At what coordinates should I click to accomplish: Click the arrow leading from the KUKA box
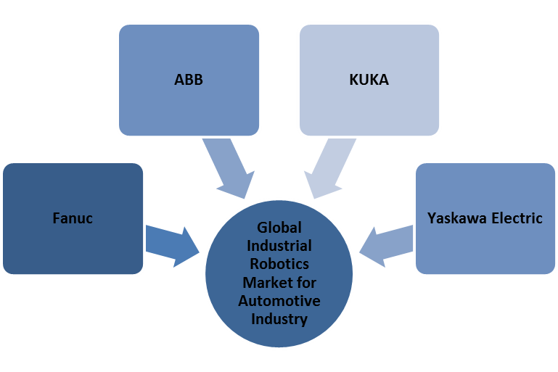pyautogui.click(x=330, y=168)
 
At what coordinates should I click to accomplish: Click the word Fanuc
pyautogui.click(x=73, y=218)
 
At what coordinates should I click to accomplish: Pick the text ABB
pyautogui.click(x=189, y=80)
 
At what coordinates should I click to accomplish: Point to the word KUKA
pyautogui.click(x=369, y=80)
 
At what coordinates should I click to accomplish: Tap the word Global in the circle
pyautogui.click(x=279, y=228)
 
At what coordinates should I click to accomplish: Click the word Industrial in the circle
pyautogui.click(x=279, y=246)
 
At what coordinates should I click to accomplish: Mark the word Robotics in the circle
pyautogui.click(x=279, y=264)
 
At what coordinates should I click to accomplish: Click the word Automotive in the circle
pyautogui.click(x=279, y=300)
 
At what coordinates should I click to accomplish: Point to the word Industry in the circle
pyautogui.click(x=279, y=318)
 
